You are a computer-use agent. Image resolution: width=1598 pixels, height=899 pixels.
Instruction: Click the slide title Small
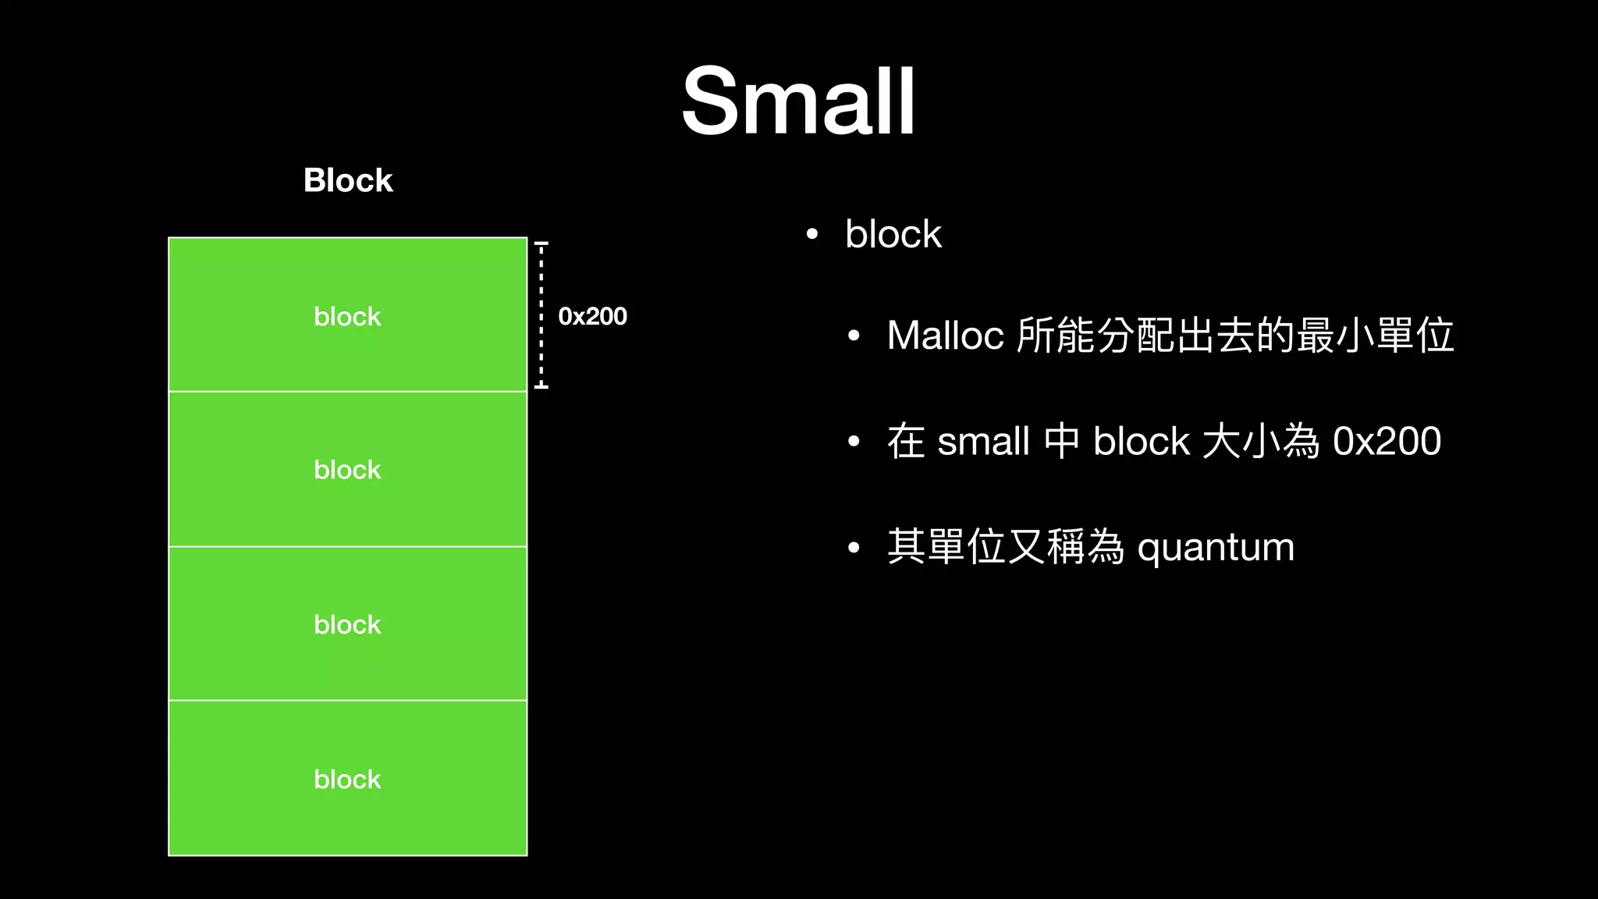[x=798, y=101]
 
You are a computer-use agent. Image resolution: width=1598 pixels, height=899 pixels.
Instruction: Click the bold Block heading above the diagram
[x=348, y=180]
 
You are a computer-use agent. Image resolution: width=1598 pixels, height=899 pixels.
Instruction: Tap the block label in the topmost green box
[x=347, y=316]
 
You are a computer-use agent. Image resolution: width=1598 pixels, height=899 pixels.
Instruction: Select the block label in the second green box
[x=347, y=470]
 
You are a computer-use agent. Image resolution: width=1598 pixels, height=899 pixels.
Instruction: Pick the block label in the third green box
[x=347, y=624]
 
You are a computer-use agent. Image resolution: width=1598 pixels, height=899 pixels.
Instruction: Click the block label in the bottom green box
[x=347, y=779]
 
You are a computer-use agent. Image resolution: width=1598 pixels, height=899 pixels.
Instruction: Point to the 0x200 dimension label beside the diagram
[x=592, y=316]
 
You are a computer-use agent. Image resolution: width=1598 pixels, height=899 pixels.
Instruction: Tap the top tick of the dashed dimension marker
[x=541, y=244]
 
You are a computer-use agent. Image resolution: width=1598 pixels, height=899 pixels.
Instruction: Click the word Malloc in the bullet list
[x=945, y=336]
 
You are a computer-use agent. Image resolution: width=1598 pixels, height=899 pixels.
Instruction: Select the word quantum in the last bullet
[x=1216, y=547]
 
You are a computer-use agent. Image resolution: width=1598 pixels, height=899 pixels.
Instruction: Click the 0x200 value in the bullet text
[x=1387, y=441]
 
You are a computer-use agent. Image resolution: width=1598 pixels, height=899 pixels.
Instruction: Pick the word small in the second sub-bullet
[x=983, y=441]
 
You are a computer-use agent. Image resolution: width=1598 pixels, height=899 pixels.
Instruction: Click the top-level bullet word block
[x=893, y=234]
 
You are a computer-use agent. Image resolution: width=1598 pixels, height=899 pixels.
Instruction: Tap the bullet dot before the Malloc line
[x=854, y=336]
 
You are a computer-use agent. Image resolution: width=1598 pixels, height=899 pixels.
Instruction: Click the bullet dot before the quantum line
[x=854, y=548]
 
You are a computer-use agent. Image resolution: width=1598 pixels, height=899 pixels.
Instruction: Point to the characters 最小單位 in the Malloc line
[x=1375, y=336]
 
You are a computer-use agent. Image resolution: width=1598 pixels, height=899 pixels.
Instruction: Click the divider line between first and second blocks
[x=347, y=391]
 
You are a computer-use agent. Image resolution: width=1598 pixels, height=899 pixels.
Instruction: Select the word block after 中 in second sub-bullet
[x=1142, y=441]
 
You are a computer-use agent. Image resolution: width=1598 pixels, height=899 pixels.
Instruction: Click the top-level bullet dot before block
[x=811, y=234]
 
